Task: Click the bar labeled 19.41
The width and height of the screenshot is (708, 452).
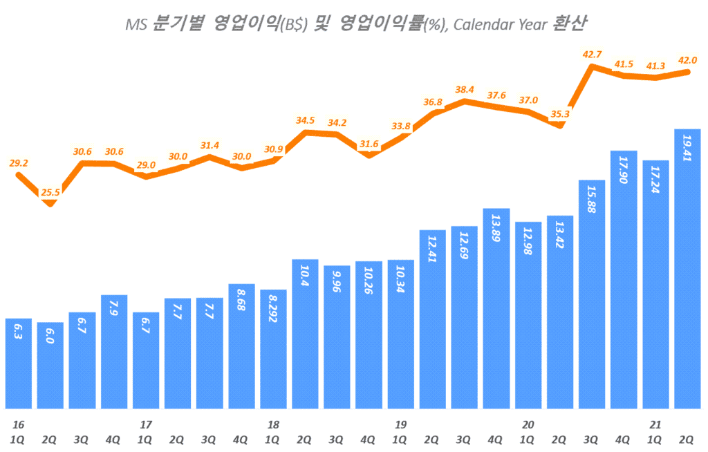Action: [x=687, y=270]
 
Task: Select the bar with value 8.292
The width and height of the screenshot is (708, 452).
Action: [x=273, y=349]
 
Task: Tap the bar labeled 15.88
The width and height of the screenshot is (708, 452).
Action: [x=592, y=294]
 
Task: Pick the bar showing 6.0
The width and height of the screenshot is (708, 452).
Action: [x=50, y=366]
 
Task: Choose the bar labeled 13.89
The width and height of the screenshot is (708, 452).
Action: [x=496, y=308]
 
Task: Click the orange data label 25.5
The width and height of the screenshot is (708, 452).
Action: [x=50, y=193]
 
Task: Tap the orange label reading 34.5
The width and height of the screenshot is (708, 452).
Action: [x=305, y=120]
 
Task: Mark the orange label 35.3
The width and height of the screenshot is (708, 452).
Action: [x=559, y=114]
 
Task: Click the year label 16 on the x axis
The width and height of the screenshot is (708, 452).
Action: [x=17, y=424]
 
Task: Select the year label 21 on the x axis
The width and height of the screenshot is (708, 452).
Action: [x=654, y=424]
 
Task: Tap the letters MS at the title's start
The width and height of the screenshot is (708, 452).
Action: [x=135, y=25]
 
